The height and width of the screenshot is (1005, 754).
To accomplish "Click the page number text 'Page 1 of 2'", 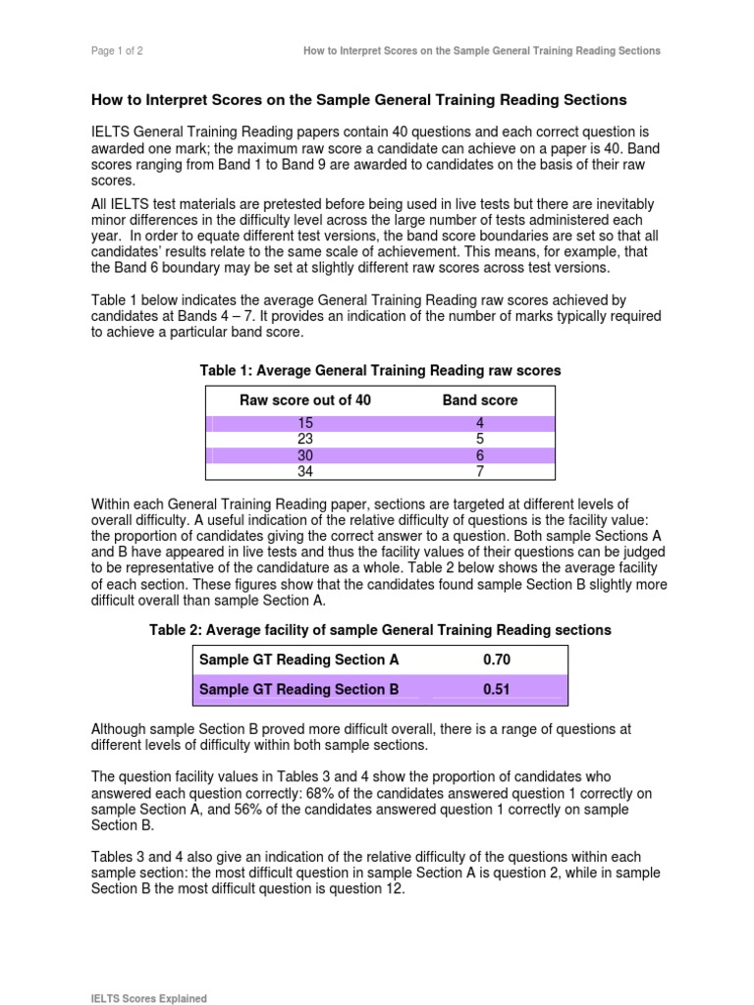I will click(118, 51).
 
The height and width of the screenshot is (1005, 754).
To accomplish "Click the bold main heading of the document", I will click(358, 100).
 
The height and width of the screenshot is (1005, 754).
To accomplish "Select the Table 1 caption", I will click(380, 370).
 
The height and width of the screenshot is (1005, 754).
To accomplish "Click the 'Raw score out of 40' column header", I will click(305, 400).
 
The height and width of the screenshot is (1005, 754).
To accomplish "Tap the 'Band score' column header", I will click(480, 400).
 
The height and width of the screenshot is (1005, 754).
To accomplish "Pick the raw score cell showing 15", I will click(305, 423).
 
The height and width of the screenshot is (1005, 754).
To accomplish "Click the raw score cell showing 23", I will click(305, 440).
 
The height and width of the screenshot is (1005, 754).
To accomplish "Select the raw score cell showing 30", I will click(305, 456).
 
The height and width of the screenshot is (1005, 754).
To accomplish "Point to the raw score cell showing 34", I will click(305, 472).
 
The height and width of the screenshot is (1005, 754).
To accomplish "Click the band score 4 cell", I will click(480, 423).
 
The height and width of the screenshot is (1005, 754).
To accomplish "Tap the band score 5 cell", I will click(480, 440).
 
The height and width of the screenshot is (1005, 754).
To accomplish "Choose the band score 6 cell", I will click(480, 456).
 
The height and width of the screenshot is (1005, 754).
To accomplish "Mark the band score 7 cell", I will click(480, 472).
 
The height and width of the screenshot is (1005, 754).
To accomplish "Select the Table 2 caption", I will click(380, 629).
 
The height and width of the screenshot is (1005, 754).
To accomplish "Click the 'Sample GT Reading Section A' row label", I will click(299, 661).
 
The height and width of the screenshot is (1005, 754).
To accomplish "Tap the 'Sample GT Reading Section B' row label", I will click(299, 690).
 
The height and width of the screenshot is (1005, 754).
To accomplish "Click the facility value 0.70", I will click(497, 661).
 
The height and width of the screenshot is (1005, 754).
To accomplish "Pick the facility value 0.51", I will click(497, 690).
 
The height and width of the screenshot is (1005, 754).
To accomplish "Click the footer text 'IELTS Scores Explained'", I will click(149, 998).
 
